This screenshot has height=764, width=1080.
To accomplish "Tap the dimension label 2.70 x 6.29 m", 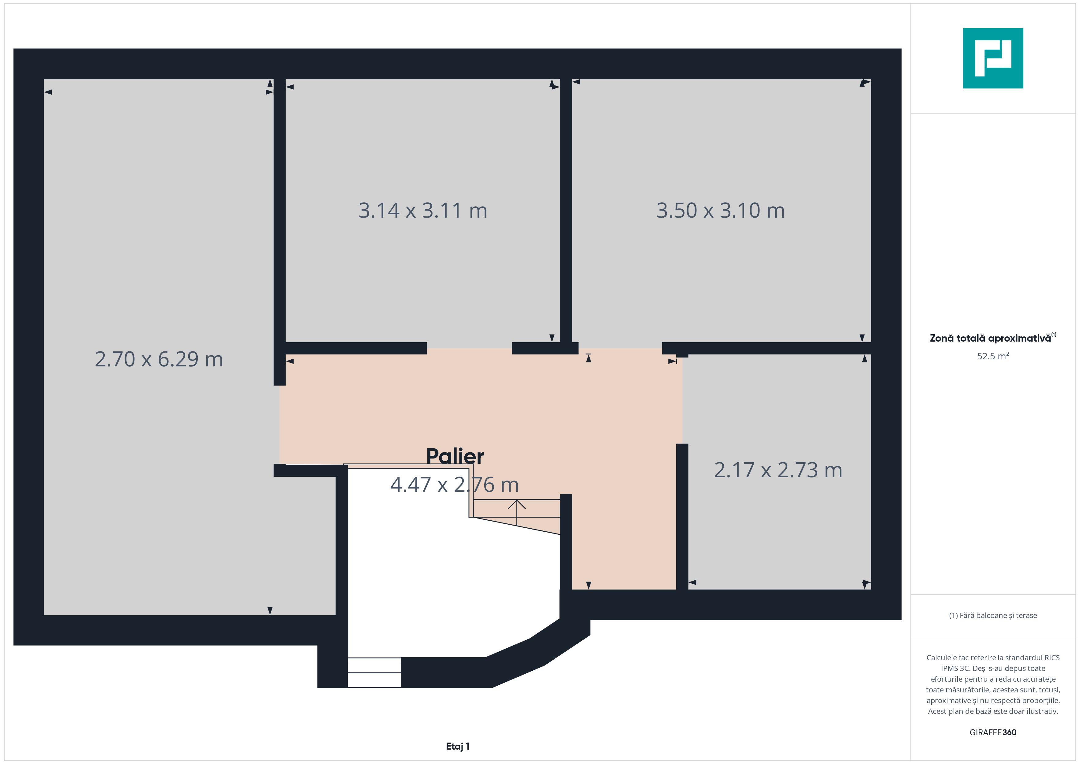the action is tap(159, 359).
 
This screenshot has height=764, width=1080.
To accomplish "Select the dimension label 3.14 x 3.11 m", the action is tap(423, 210).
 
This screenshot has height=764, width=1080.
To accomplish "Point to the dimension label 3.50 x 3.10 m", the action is tap(721, 210).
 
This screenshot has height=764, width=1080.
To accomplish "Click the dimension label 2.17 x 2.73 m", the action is tap(778, 470).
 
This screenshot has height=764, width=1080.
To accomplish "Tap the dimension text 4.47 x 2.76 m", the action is tap(454, 485).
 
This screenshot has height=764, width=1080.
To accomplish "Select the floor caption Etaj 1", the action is tap(458, 746).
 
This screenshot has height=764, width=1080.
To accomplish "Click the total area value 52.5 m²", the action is tap(993, 356).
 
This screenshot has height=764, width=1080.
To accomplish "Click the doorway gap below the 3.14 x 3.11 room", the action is tap(469, 348).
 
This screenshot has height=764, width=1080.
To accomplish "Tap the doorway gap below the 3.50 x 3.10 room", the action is tap(620, 348).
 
